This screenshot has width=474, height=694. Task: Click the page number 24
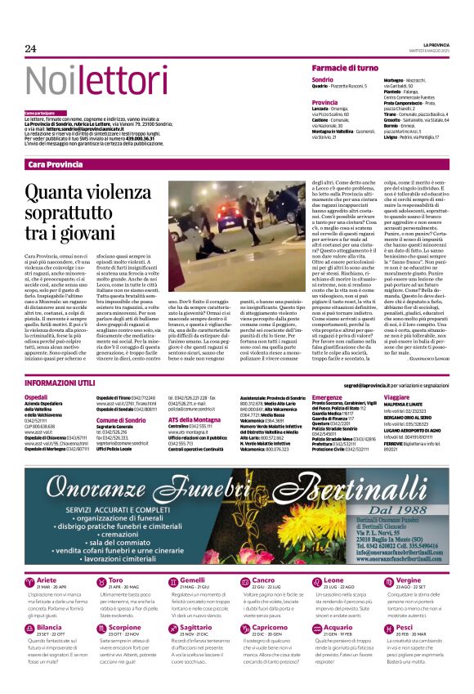click(30, 48)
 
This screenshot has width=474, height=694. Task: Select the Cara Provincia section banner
click(56, 164)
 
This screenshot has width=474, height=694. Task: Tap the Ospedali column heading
click(38, 396)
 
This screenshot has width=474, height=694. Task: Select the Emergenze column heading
click(329, 396)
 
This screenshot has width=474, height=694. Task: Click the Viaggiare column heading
click(398, 396)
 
